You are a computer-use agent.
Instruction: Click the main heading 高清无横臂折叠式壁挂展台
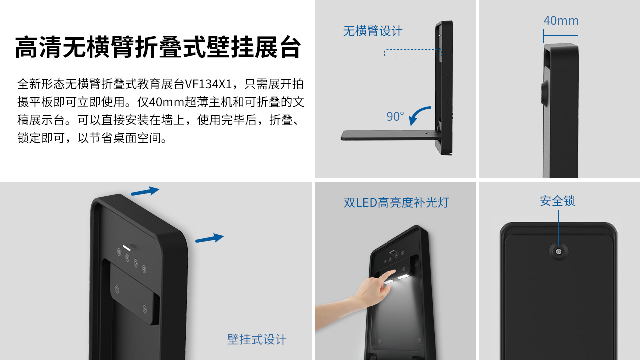[158, 47]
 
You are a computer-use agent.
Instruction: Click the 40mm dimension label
[561, 21]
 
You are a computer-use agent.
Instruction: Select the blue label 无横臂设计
[373, 31]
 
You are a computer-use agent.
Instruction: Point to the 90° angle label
[395, 116]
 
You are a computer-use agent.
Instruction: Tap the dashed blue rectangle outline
[413, 53]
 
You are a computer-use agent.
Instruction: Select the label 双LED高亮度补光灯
[396, 202]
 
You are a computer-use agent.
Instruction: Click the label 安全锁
[557, 201]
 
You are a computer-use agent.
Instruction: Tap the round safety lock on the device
[559, 252]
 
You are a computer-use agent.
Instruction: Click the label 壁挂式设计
[257, 339]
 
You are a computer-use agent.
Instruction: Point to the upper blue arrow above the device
[145, 191]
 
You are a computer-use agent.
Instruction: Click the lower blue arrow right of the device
[209, 238]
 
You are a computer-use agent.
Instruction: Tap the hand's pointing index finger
[388, 275]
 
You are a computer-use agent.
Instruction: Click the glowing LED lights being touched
[396, 279]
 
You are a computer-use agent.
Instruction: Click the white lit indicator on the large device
[127, 247]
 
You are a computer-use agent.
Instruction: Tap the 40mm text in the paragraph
[167, 102]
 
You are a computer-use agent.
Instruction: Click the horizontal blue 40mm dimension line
[561, 36]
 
